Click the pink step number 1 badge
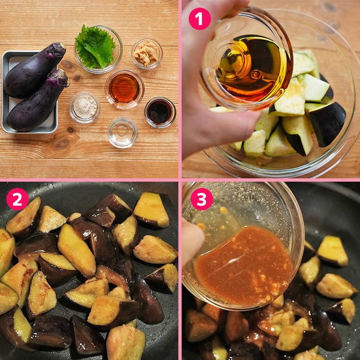pos(200,19)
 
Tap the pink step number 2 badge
pos(17,199)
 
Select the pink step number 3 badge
pos(202,199)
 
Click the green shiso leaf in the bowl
pos(95,47)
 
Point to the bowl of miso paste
pos(147,53)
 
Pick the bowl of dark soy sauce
pos(160,112)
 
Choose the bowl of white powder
pos(84,107)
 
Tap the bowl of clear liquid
pos(122,133)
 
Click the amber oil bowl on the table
pos(124,89)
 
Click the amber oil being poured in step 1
pos(251,69)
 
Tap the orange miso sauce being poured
pos(243,266)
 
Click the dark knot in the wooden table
pos(62,142)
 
